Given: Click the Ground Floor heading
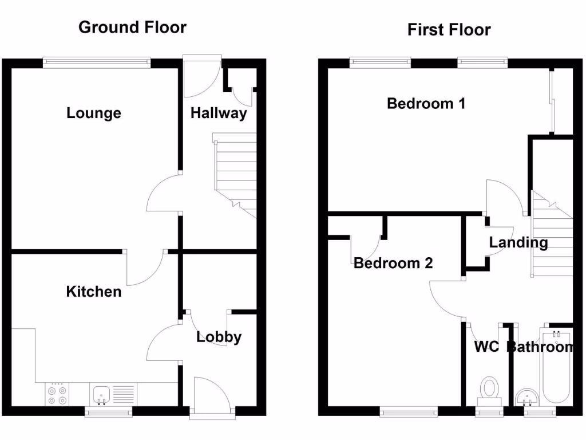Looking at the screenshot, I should point(132,27).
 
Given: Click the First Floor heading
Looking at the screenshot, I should point(449,29).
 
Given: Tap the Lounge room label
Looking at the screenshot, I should point(94,113).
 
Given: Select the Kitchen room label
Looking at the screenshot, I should point(94,292).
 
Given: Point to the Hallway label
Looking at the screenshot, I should point(219,113).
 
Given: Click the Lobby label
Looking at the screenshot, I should point(219,337).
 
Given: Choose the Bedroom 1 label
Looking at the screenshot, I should point(426,104).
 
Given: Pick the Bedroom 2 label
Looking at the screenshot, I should point(393,263).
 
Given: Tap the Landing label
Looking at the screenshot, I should point(518,242).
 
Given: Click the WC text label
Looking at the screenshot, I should point(486,347).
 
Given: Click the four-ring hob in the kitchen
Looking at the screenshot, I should point(57,395).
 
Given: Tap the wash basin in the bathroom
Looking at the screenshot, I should point(526,396).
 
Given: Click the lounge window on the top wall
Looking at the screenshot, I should point(97,62).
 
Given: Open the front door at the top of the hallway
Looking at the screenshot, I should point(201,74).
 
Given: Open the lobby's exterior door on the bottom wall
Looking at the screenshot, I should point(212,395).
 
